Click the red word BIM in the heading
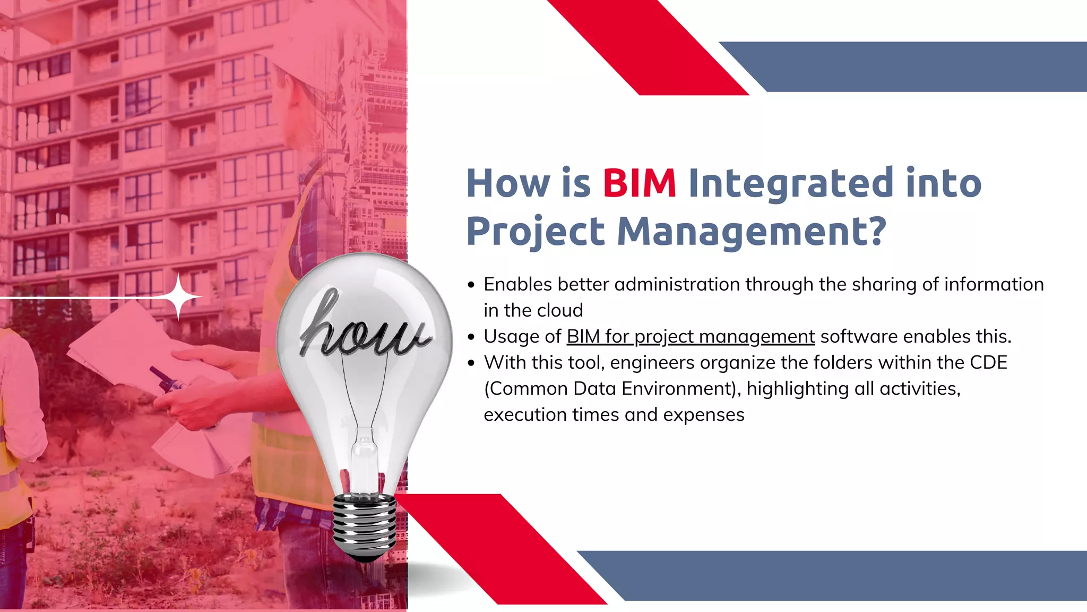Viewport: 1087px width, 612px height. pyautogui.click(x=639, y=183)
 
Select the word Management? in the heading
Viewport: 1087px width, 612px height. pyautogui.click(x=751, y=232)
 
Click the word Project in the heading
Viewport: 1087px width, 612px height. pyautogui.click(x=536, y=232)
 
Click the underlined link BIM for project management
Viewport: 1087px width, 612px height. pyautogui.click(x=691, y=337)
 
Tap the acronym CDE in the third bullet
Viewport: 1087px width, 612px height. pyautogui.click(x=988, y=363)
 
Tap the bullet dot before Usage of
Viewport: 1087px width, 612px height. pyautogui.click(x=471, y=337)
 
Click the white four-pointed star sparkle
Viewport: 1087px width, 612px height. pyautogui.click(x=179, y=297)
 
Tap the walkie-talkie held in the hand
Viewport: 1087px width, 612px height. pyautogui.click(x=167, y=380)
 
